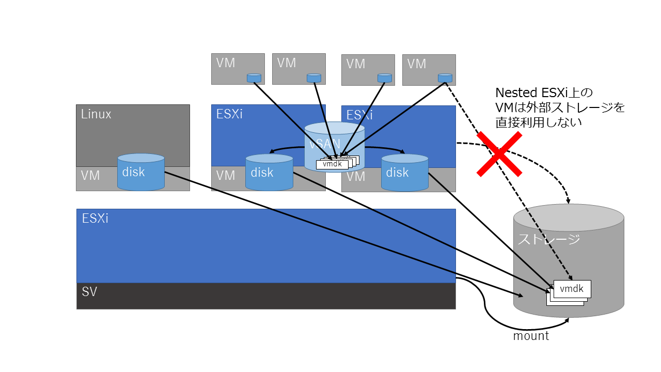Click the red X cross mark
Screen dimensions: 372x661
[499, 154]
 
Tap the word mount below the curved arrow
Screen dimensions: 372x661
[531, 336]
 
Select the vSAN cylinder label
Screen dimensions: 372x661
[323, 145]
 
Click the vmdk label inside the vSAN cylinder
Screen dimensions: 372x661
[332, 164]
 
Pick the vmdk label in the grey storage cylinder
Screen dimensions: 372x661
[572, 289]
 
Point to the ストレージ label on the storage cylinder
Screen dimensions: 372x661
[549, 239]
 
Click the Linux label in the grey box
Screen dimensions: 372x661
[96, 114]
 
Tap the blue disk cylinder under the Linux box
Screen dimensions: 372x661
[141, 172]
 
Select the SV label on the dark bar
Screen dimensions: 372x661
[89, 292]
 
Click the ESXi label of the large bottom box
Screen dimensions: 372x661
[95, 219]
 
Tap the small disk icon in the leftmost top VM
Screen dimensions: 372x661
[254, 78]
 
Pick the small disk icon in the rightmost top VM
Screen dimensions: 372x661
[444, 78]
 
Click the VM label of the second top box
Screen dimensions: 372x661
[287, 63]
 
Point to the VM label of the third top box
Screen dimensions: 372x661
[356, 64]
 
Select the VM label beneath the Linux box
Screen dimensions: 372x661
[90, 176]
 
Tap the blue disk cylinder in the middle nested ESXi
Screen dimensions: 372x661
[269, 172]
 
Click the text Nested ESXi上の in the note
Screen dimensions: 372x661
[543, 93]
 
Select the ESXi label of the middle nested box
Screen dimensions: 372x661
[229, 114]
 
